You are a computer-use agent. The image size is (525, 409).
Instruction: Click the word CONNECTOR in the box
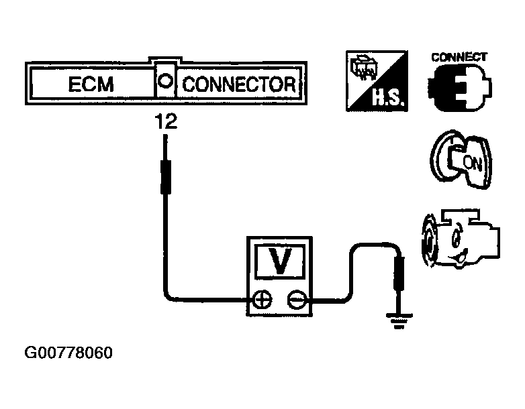(238, 85)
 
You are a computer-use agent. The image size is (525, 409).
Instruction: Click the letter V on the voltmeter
(278, 261)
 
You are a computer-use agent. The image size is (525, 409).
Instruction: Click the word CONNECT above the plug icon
(459, 57)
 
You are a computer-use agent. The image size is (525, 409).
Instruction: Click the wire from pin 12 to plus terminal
(164, 255)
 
